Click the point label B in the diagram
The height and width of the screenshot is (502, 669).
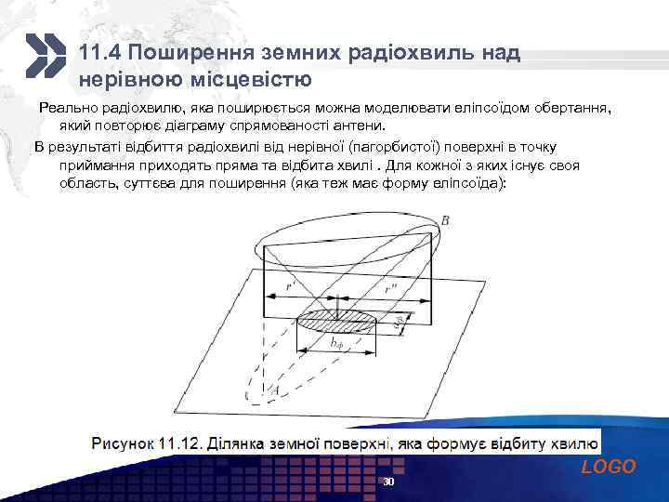click(446, 220)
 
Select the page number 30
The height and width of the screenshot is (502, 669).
click(389, 484)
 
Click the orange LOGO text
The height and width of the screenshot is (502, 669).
click(609, 467)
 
